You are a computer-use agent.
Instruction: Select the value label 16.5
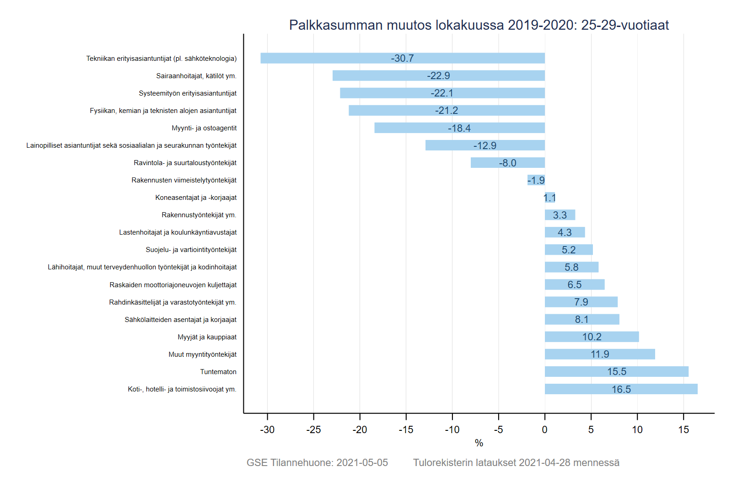pos(621,389)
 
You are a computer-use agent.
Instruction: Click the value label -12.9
pos(484,145)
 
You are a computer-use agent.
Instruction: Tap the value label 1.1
pos(549,198)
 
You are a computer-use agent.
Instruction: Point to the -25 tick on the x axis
pos(313,429)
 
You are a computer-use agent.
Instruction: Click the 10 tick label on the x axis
pos(637,429)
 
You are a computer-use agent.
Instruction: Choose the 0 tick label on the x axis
pos(544,429)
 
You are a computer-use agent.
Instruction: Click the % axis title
pos(479,443)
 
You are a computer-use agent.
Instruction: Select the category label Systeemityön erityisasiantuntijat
pos(188,93)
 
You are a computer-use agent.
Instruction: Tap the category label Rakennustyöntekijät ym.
pos(199,215)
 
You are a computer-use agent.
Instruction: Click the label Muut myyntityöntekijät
pos(202,354)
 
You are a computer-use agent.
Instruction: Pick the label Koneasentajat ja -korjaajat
pos(196,198)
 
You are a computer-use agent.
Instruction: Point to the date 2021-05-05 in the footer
pos(362,462)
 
